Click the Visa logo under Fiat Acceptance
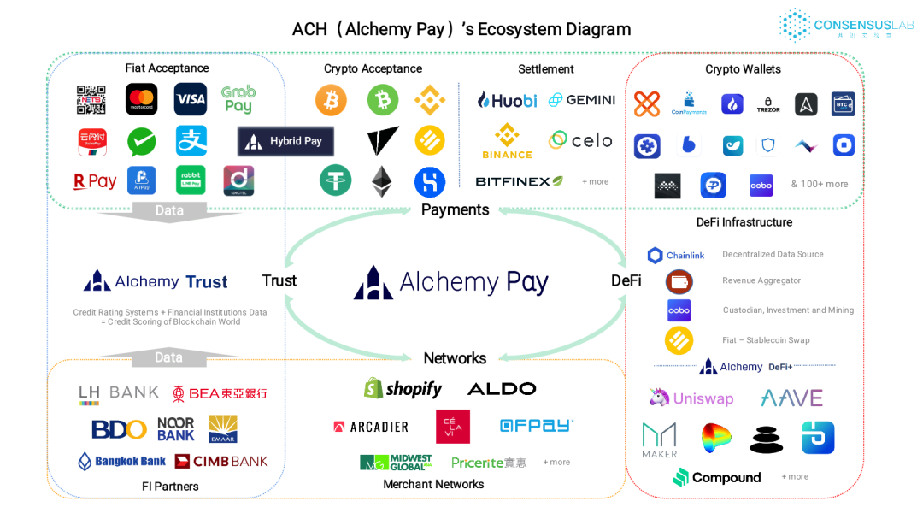[x=191, y=99]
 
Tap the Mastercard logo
[x=141, y=99]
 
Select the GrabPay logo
[x=238, y=99]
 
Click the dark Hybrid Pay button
[x=285, y=141]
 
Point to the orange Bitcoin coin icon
[x=331, y=100]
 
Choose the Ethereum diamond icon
[x=381, y=181]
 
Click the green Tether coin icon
[x=335, y=180]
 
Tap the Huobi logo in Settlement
[x=507, y=100]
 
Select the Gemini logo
[x=582, y=100]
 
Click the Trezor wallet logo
[x=768, y=104]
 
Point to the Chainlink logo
[x=676, y=255]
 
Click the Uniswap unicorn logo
[x=691, y=398]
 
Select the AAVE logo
[x=791, y=398]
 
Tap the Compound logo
[x=717, y=477]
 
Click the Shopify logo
[x=403, y=389]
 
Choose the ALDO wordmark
[x=502, y=389]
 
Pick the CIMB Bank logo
[x=221, y=461]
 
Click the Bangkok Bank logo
[x=121, y=461]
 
